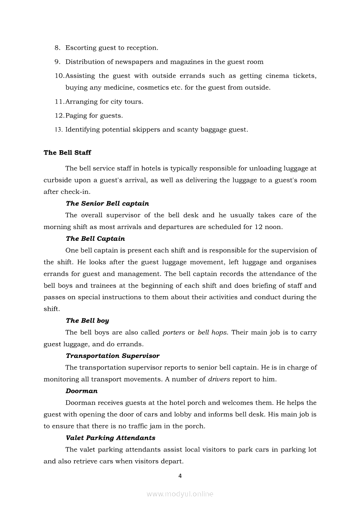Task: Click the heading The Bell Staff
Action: [x=67, y=153]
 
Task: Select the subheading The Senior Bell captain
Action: [x=107, y=203]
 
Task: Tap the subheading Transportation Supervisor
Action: [x=112, y=356]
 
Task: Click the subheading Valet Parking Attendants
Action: [x=110, y=438]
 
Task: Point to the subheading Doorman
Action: [x=82, y=391]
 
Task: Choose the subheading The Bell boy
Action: [x=87, y=320]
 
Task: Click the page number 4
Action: [x=180, y=475]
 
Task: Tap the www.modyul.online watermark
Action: [x=180, y=494]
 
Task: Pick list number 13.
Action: [x=58, y=130]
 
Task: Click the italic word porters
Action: [x=173, y=333]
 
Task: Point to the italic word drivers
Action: [x=218, y=379]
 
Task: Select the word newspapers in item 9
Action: [x=132, y=62]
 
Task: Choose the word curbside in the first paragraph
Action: [x=57, y=180]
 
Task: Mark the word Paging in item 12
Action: [x=76, y=116]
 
